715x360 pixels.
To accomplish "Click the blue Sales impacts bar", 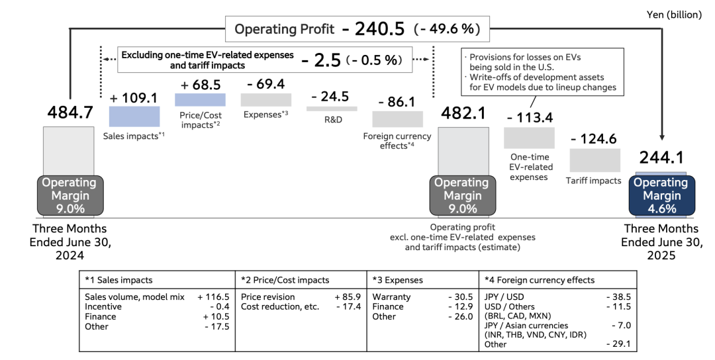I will pos(134,116).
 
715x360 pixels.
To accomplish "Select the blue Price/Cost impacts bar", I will pos(200,99).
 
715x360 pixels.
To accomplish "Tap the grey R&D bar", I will pos(332,109).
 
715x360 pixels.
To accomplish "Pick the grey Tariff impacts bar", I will pos(595,160).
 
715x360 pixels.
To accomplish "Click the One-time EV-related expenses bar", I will pos(529,138).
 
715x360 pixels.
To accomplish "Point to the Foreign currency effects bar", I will pos(397,119).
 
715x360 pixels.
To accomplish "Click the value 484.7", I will pos(70,113).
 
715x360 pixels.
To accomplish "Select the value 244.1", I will pos(661,157).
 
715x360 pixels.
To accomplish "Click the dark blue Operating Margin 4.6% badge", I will pos(660,196).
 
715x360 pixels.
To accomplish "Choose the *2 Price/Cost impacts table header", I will pos(285,280).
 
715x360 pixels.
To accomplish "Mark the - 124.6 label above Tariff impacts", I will pos(594,139).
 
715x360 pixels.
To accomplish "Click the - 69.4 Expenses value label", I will pos(265,84).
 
